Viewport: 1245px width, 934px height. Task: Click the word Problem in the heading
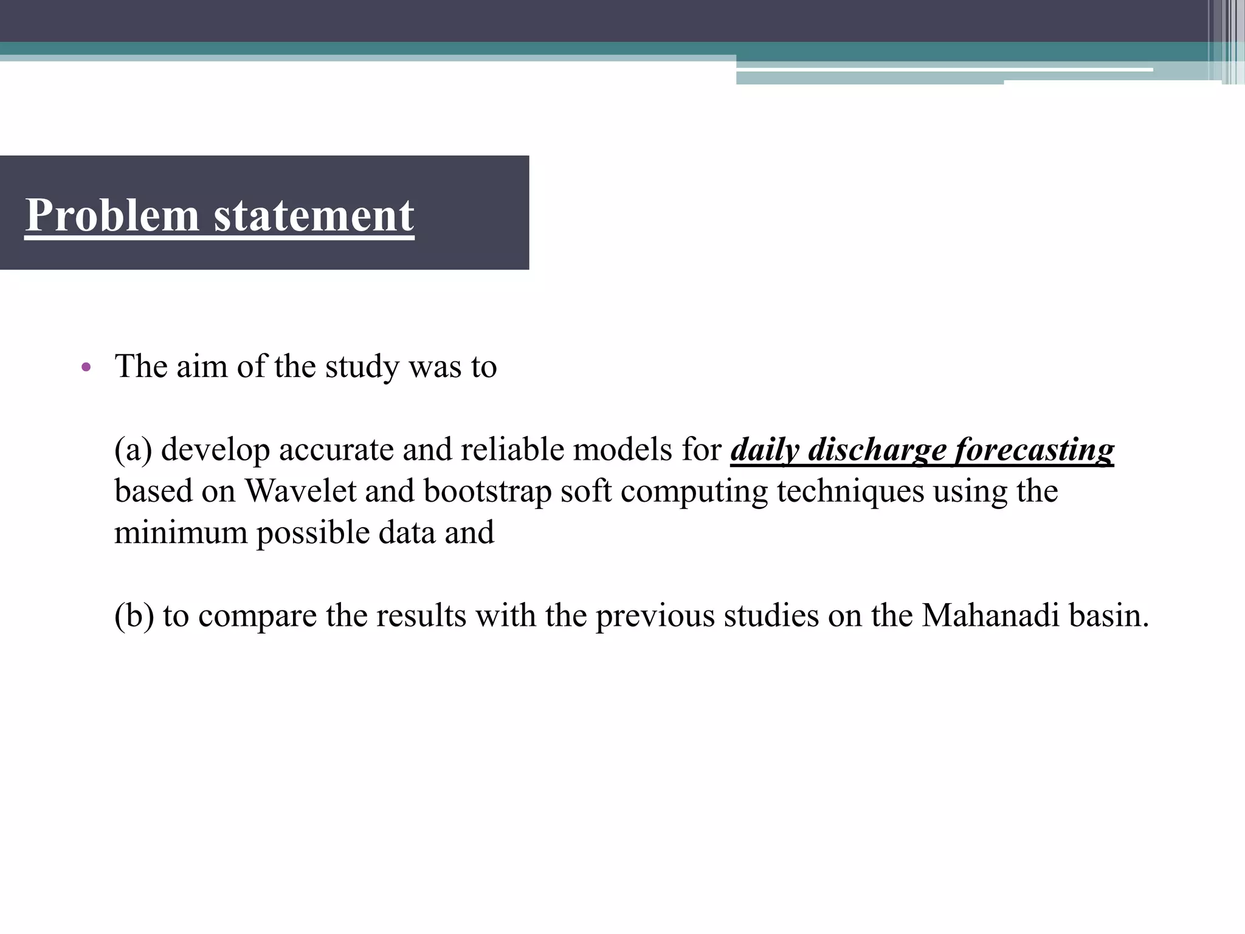pos(112,215)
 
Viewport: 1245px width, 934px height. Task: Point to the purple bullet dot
pos(86,367)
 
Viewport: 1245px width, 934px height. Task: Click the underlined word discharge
pos(877,451)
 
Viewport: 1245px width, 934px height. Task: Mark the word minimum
pos(181,533)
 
